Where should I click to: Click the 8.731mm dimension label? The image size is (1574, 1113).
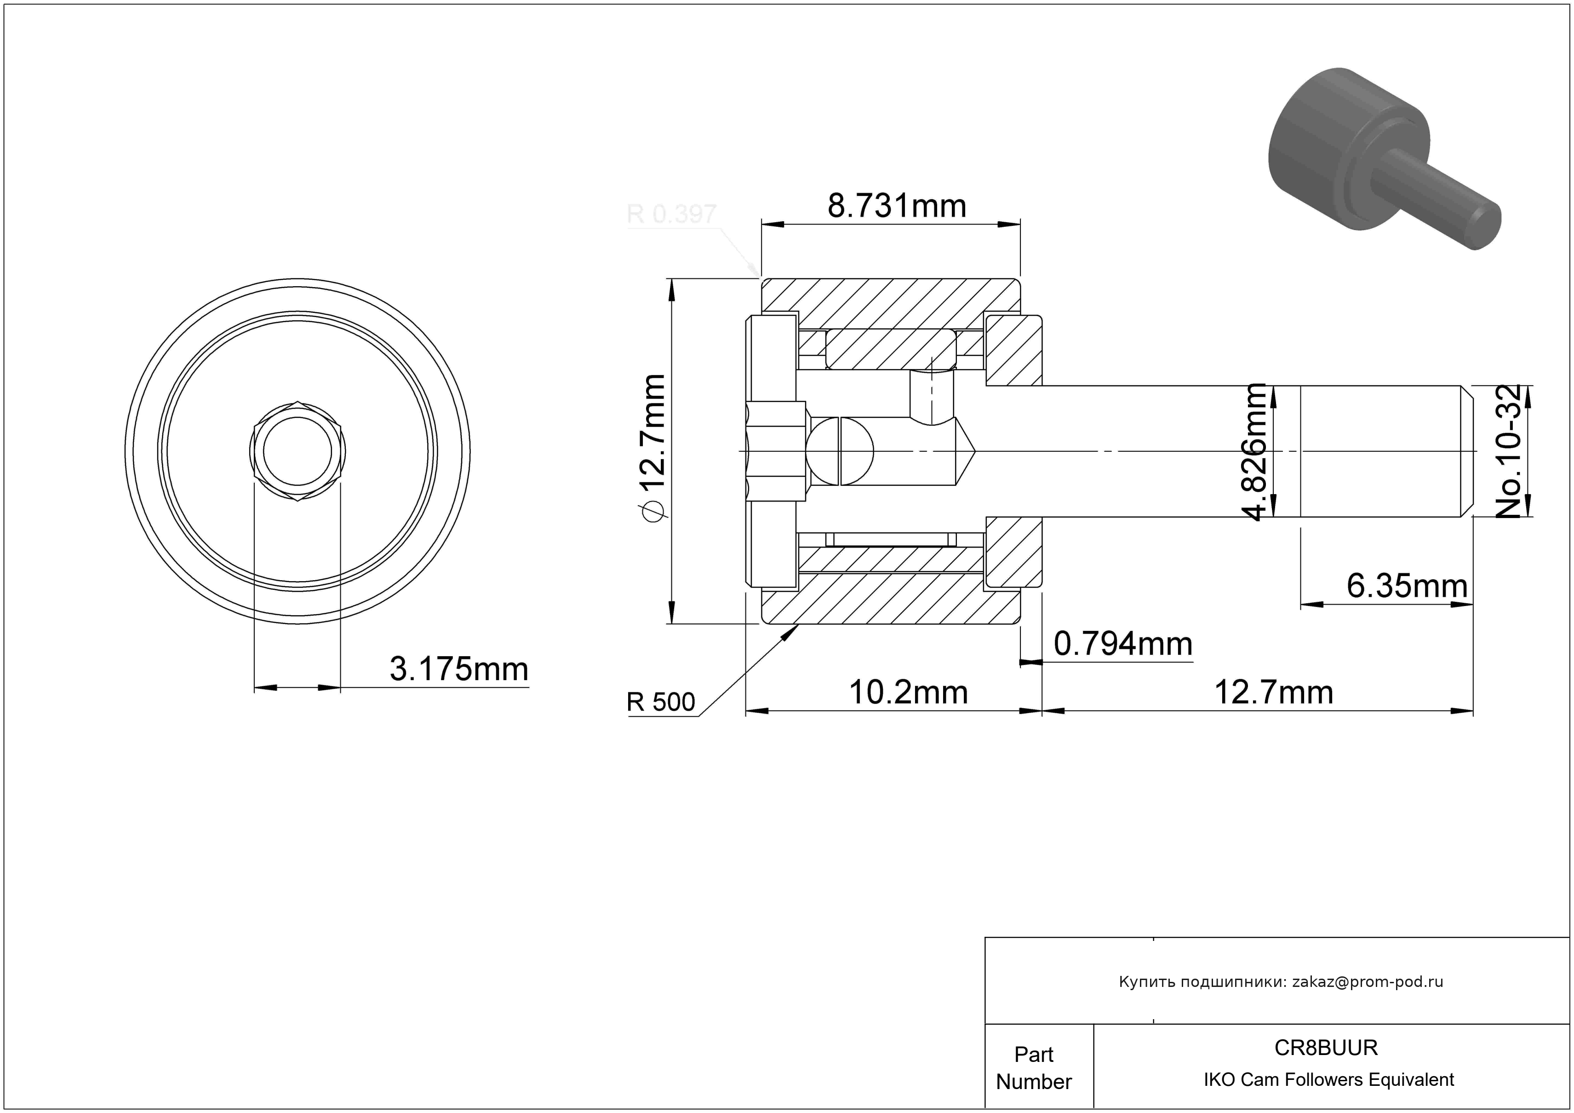(897, 206)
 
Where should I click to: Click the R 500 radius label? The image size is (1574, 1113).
(661, 702)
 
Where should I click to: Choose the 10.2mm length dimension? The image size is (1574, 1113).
(908, 692)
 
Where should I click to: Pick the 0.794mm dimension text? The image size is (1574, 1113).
(1123, 644)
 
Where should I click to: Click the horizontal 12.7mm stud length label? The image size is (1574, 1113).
(1274, 692)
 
